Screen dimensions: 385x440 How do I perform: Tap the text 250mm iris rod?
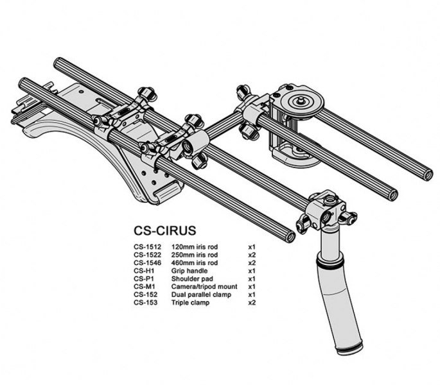[x=195, y=255]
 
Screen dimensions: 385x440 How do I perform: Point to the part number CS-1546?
[x=148, y=263]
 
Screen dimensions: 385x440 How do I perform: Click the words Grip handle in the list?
[x=189, y=271]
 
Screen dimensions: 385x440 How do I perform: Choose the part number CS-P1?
[x=144, y=278]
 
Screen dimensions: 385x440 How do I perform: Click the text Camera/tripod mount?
[x=204, y=286]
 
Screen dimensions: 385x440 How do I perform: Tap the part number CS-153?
[x=146, y=302]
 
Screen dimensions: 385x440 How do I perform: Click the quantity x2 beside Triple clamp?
[x=252, y=302]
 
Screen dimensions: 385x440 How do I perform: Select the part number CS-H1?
[x=144, y=271]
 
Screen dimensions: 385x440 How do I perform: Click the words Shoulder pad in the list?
[x=191, y=278]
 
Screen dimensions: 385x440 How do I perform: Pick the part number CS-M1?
[x=145, y=286]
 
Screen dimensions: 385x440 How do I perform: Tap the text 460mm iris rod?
[x=195, y=263]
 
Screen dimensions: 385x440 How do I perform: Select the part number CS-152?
[x=146, y=294]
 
